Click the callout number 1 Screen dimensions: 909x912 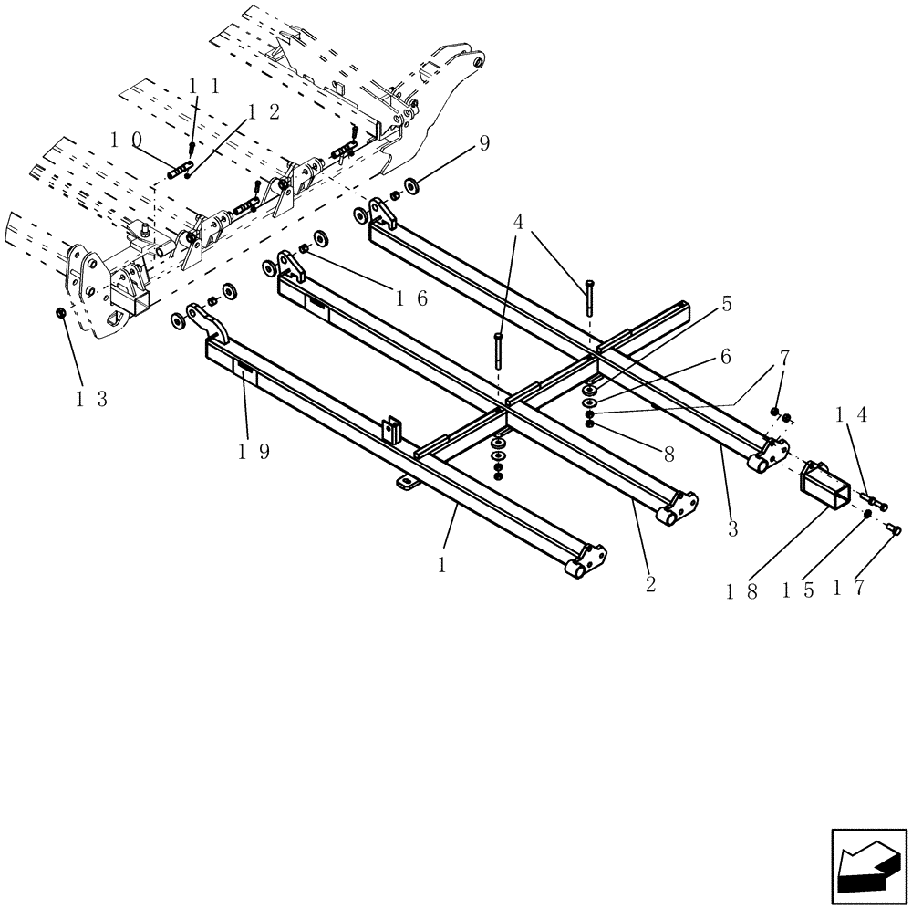[x=442, y=565]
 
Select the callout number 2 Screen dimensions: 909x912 [x=650, y=584]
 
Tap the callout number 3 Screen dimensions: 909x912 [x=732, y=528]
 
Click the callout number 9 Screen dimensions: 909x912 [x=483, y=142]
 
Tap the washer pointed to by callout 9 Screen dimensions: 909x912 [x=409, y=186]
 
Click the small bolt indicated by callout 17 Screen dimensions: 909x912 [x=895, y=528]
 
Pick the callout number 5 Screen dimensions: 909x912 [x=726, y=305]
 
